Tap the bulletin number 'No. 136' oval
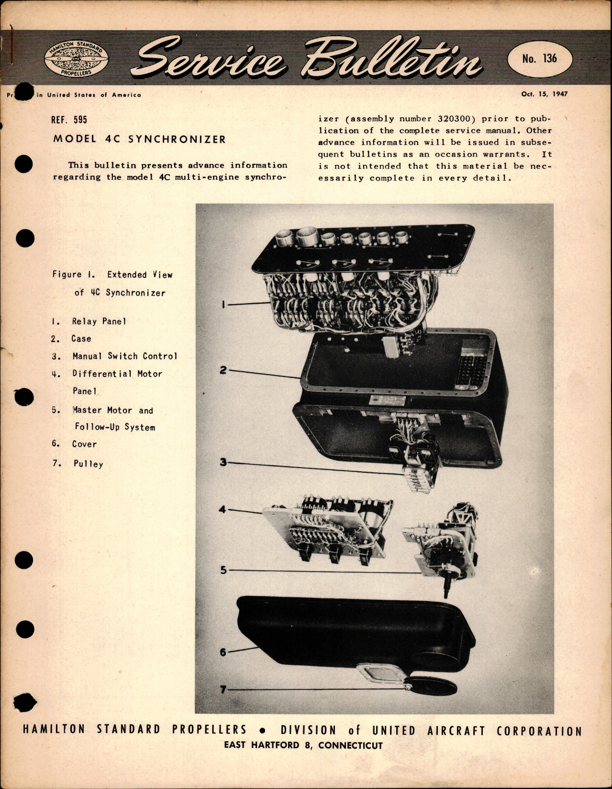pyautogui.click(x=539, y=58)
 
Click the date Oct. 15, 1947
pyautogui.click(x=544, y=94)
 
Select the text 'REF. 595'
pyautogui.click(x=69, y=120)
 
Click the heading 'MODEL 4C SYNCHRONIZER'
pyautogui.click(x=139, y=139)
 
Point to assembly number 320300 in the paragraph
pyautogui.click(x=454, y=119)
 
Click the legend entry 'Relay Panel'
pyautogui.click(x=99, y=321)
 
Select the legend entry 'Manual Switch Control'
pyautogui.click(x=124, y=356)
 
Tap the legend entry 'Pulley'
pyautogui.click(x=88, y=464)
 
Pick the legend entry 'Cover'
pyautogui.click(x=84, y=444)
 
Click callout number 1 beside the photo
pyautogui.click(x=223, y=304)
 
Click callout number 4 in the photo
pyautogui.click(x=222, y=509)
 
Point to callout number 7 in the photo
pyautogui.click(x=223, y=689)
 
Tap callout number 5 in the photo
pyautogui.click(x=223, y=570)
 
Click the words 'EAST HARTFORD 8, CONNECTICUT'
pyautogui.click(x=303, y=745)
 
